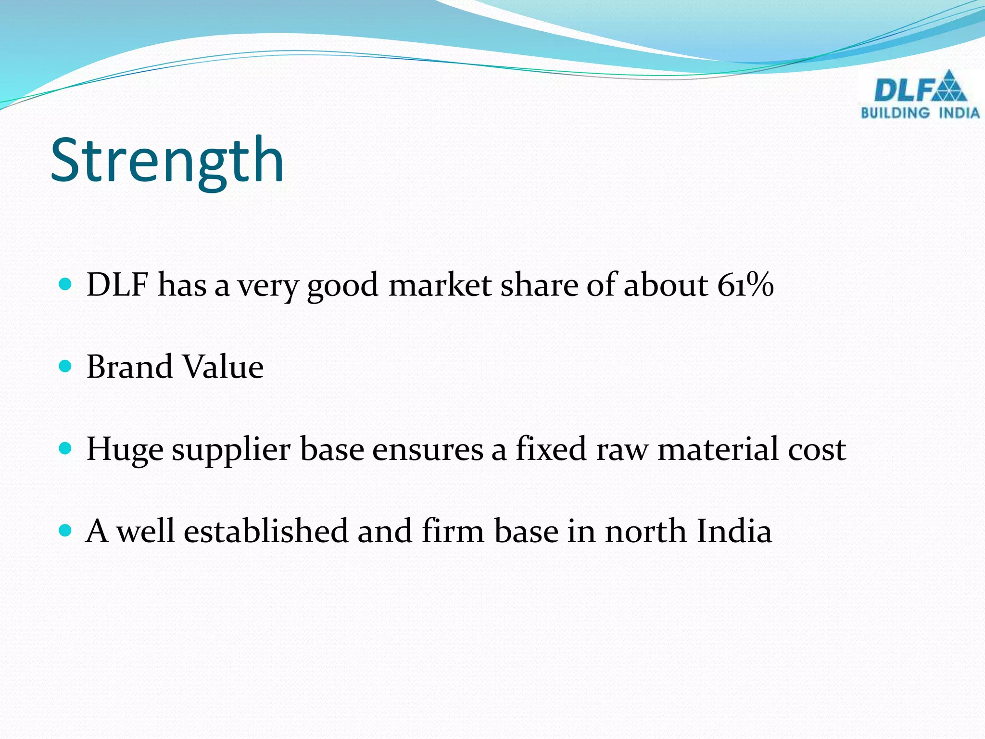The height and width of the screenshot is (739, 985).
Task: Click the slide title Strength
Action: [x=167, y=161]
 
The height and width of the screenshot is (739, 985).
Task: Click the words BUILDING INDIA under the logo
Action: [x=920, y=113]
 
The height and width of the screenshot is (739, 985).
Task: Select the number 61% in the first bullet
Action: [x=745, y=284]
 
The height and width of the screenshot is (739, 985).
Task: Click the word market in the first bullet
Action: [x=440, y=284]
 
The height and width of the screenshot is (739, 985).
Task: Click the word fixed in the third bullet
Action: [x=551, y=449]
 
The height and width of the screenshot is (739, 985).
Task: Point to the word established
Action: [x=265, y=531]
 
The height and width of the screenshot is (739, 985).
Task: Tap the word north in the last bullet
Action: [x=645, y=531]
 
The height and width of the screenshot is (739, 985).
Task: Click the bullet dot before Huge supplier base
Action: [x=65, y=449]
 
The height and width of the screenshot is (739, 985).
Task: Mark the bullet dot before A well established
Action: [x=65, y=531]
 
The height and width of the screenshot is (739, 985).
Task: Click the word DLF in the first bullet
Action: [x=117, y=284]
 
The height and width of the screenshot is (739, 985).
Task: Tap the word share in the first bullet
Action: [x=538, y=284]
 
